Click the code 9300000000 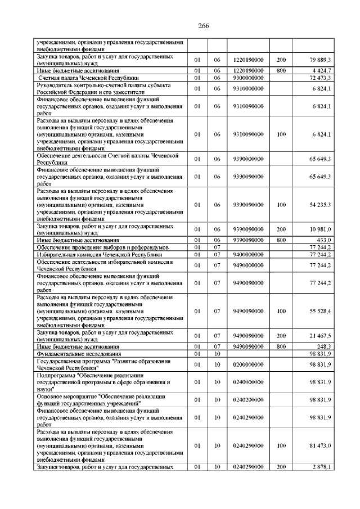point(247,77)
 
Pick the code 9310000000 point(247,88)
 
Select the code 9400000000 point(247,254)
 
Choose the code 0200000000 point(247,364)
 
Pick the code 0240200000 point(247,400)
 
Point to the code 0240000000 point(247,382)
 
